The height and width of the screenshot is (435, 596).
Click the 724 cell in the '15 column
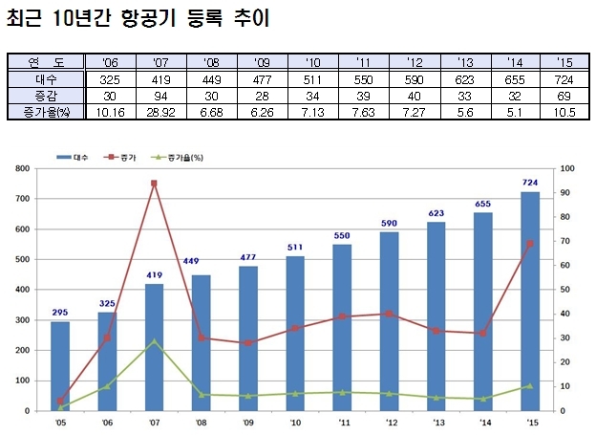pyautogui.click(x=564, y=80)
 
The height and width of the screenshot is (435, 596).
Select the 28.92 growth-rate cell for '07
pyautogui.click(x=160, y=112)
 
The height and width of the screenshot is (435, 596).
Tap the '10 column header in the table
pyautogui.click(x=313, y=62)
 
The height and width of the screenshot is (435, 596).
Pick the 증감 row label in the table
pyautogui.click(x=46, y=96)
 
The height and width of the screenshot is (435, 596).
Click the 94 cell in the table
pyautogui.click(x=160, y=96)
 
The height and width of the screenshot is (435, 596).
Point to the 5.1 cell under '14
pyautogui.click(x=515, y=112)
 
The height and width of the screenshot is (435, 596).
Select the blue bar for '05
pyautogui.click(x=60, y=366)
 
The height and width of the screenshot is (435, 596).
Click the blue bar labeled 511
pyautogui.click(x=295, y=334)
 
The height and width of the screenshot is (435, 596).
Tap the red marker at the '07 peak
pyautogui.click(x=154, y=184)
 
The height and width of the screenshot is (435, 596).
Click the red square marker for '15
pyautogui.click(x=530, y=244)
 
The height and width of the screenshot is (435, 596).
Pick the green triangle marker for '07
pyautogui.click(x=154, y=341)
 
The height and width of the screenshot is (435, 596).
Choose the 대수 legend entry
pyautogui.click(x=73, y=157)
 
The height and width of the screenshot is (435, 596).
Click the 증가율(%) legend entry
pyautogui.click(x=177, y=157)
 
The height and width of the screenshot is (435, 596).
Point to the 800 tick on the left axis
pyautogui.click(x=22, y=168)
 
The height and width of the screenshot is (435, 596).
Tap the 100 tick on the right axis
pyautogui.click(x=567, y=168)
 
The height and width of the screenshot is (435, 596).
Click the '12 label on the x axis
pyautogui.click(x=392, y=423)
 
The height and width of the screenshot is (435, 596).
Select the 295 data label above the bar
pyautogui.click(x=60, y=313)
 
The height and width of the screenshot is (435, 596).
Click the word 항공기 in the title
pyautogui.click(x=149, y=18)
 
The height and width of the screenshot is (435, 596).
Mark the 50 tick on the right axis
pyautogui.click(x=565, y=290)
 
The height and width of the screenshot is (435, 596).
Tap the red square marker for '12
pyautogui.click(x=390, y=314)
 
